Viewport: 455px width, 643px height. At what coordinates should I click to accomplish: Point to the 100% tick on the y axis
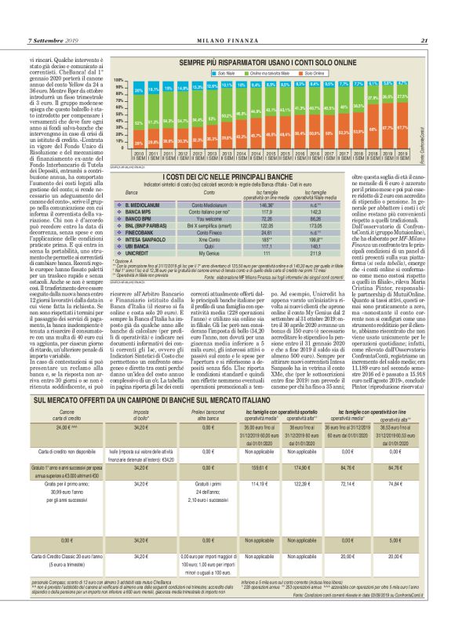click(120, 80)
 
